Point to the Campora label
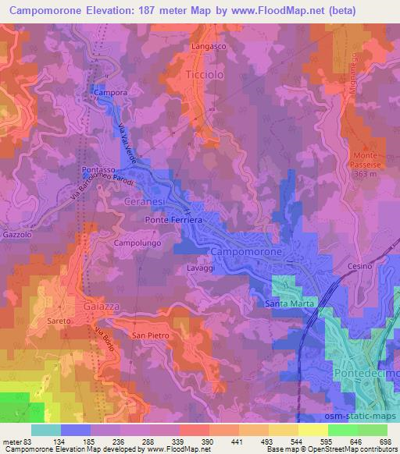pyautogui.click(x=109, y=93)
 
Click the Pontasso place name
pyautogui.click(x=98, y=168)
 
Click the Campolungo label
pyautogui.click(x=137, y=243)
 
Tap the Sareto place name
pyautogui.click(x=59, y=321)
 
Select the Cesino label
pyautogui.click(x=360, y=265)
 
